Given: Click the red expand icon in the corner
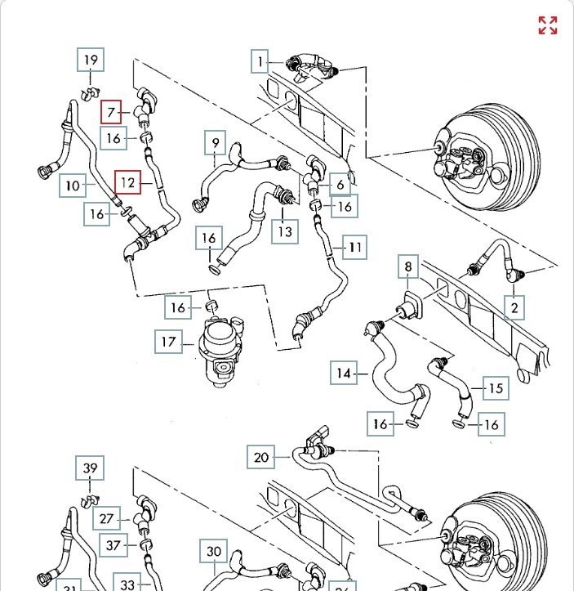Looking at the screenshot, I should click(x=547, y=25).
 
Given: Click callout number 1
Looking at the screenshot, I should click(x=260, y=61).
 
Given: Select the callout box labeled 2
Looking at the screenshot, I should click(x=514, y=307).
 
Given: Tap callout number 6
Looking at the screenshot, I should click(x=340, y=185).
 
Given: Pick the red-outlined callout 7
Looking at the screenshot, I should click(x=111, y=114).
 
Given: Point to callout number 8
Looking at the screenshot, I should click(x=408, y=267).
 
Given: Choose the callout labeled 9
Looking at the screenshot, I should click(x=216, y=145).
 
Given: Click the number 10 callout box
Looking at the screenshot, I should click(x=73, y=186).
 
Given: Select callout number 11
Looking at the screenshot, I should click(x=355, y=246).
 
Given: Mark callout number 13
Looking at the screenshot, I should click(x=285, y=231).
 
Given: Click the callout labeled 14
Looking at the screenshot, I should click(x=344, y=374).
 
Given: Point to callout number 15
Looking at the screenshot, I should click(x=495, y=387).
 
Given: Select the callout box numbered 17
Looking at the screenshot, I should click(x=168, y=342).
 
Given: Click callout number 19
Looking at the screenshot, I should click(x=91, y=60).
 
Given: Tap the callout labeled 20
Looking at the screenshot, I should click(x=261, y=457).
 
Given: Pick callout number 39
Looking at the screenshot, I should click(x=91, y=468).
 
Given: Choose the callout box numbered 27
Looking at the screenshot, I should click(x=107, y=519).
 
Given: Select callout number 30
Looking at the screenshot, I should click(x=213, y=552).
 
